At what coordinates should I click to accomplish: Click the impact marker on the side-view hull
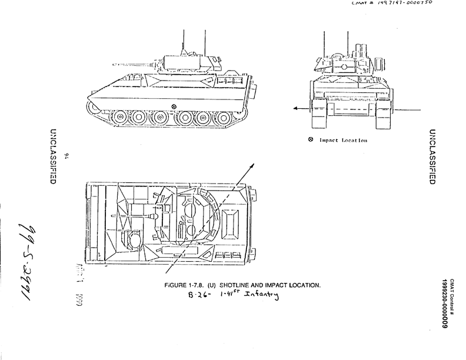click(174, 106)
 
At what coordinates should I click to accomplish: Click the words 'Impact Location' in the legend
click(344, 141)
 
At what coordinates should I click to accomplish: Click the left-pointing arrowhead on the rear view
click(294, 108)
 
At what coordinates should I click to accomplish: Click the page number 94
click(68, 156)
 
